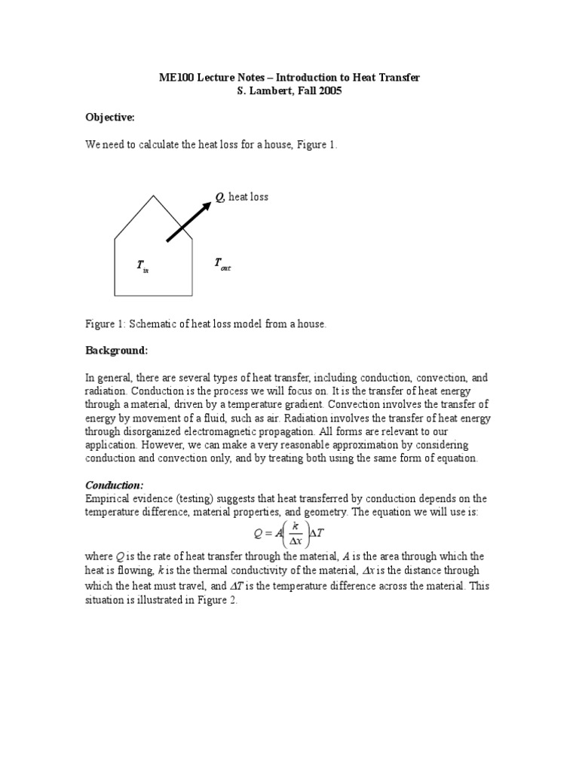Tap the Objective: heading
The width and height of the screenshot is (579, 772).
coord(109,118)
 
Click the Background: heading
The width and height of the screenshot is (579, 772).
coord(116,351)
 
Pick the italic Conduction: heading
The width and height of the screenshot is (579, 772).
coord(114,486)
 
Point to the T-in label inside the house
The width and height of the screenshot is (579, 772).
coord(142,266)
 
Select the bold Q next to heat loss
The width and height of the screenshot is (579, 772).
coord(220,197)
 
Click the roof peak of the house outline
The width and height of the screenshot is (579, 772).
coord(154,196)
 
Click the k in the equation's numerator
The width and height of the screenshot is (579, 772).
coord(297,525)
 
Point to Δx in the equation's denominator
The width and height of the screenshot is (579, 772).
coord(297,540)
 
